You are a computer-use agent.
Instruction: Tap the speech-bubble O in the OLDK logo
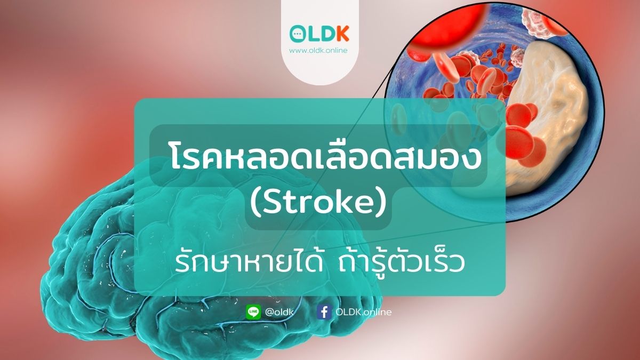(298, 34)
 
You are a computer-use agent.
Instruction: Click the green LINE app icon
(253, 312)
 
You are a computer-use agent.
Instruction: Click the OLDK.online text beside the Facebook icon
(363, 312)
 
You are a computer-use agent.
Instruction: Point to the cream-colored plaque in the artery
(555, 123)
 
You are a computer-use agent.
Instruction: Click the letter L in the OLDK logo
(313, 34)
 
